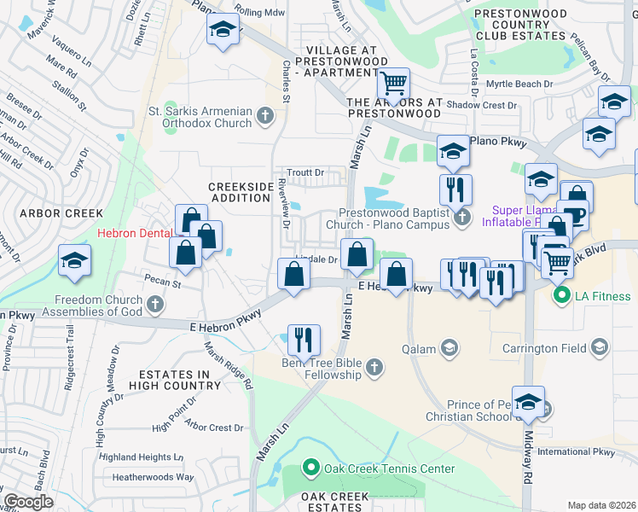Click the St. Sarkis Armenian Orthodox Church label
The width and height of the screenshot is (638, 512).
click(x=200, y=116)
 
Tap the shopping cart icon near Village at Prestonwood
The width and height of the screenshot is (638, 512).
click(x=394, y=84)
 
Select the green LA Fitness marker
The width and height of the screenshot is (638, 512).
click(x=561, y=296)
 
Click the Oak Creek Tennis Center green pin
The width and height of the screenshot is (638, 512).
click(x=312, y=468)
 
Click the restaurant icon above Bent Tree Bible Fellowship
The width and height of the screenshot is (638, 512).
click(x=304, y=339)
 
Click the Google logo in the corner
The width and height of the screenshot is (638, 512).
click(x=28, y=502)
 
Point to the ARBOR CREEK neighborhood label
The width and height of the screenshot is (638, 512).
click(x=61, y=213)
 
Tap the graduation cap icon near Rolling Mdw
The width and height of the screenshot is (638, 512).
click(x=222, y=32)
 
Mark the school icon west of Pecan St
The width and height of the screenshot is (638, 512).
click(x=74, y=260)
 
